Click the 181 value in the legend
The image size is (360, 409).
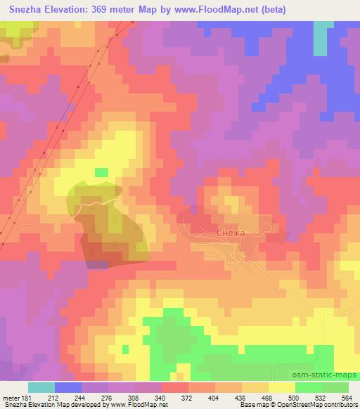click(x=27, y=398)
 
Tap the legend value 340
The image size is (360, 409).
click(x=162, y=398)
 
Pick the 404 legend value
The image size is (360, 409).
click(x=215, y=398)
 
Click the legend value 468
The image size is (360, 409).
click(x=268, y=398)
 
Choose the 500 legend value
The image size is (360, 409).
click(x=295, y=398)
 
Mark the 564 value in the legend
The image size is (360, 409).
click(x=347, y=398)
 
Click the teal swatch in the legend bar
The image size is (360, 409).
click(x=41, y=387)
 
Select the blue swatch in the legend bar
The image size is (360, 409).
click(x=68, y=387)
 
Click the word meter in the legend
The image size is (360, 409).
click(x=10, y=398)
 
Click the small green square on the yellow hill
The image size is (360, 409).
click(x=102, y=172)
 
